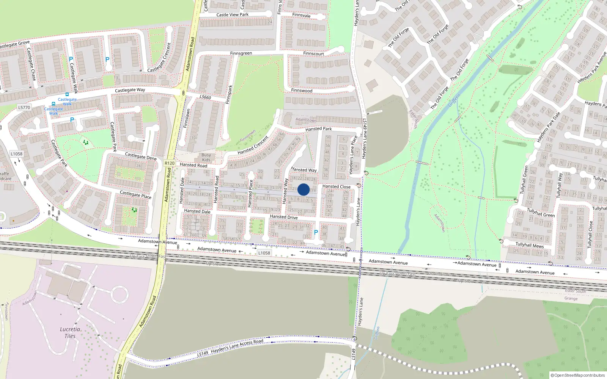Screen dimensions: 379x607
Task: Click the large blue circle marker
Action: click(x=303, y=189)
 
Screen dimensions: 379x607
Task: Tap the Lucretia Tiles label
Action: click(x=70, y=332)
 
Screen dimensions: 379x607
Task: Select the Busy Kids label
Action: click(x=206, y=157)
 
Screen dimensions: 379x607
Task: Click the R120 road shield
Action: click(x=170, y=163)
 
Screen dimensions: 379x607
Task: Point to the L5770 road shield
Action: click(x=24, y=108)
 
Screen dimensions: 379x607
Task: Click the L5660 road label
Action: click(x=205, y=97)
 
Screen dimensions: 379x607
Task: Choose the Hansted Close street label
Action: click(x=336, y=186)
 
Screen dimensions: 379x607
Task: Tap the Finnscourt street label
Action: click(x=313, y=53)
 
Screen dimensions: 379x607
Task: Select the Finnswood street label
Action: click(x=302, y=91)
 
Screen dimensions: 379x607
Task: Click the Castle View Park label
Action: click(x=232, y=15)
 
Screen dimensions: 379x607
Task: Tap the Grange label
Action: click(x=571, y=298)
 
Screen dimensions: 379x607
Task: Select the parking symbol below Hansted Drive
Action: click(x=316, y=232)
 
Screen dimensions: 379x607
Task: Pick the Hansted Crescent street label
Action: click(x=253, y=146)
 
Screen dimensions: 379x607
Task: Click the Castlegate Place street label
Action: click(x=135, y=194)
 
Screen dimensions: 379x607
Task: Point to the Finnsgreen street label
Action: click(x=241, y=53)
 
